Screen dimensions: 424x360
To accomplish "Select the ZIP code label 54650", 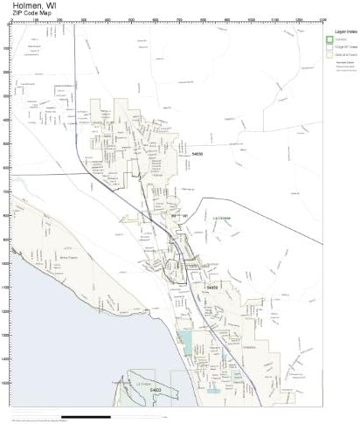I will pyautogui.click(x=212, y=286).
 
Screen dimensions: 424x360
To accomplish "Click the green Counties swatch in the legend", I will pyautogui.click(x=329, y=38).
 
